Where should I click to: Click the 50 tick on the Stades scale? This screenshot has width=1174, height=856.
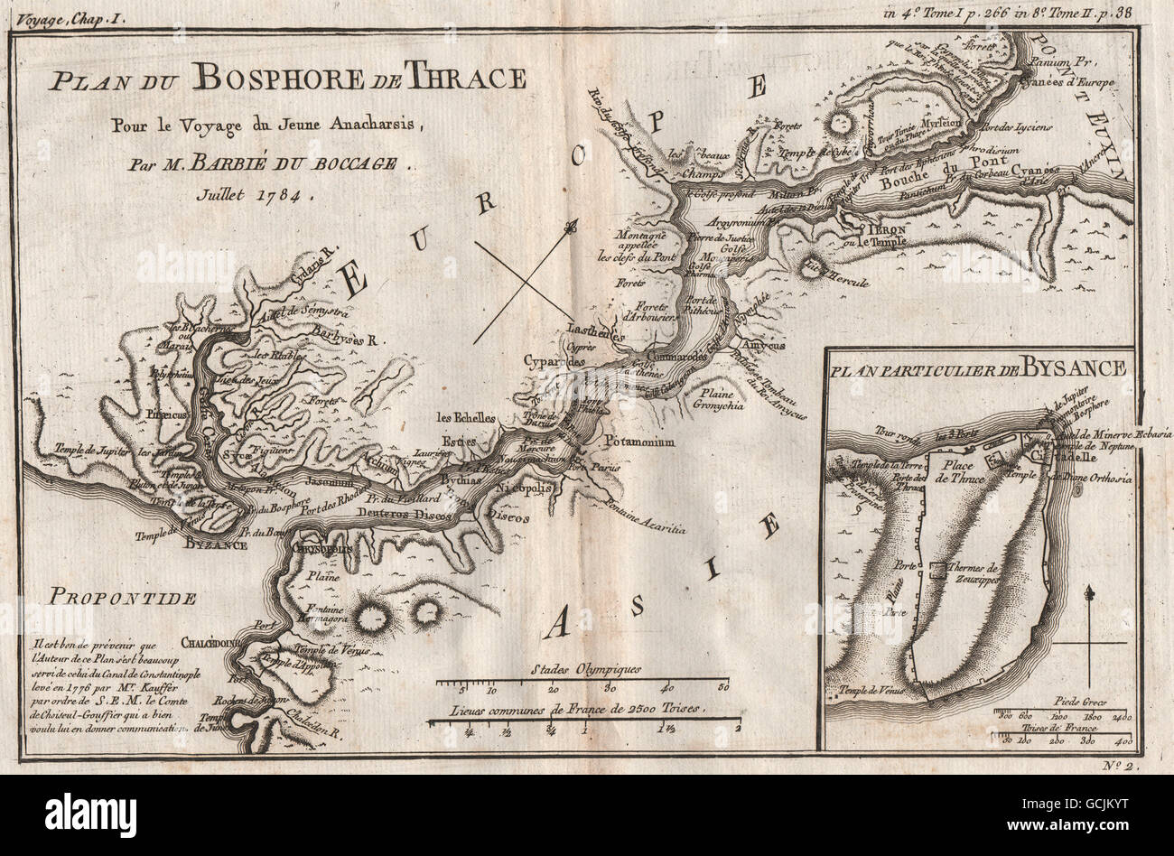point(722,688)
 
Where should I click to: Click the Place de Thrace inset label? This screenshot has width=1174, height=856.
point(960,471)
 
